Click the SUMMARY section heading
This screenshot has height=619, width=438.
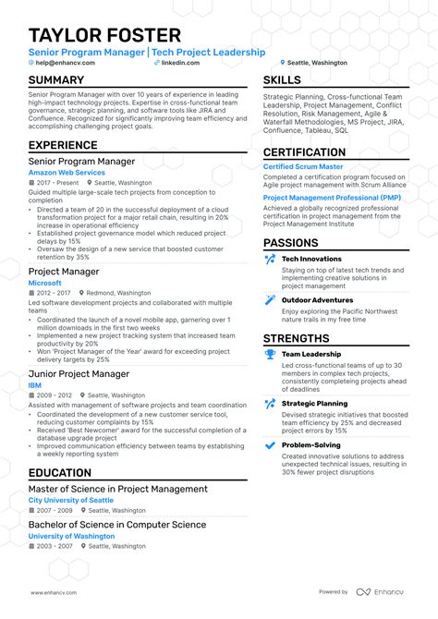pyautogui.click(x=56, y=80)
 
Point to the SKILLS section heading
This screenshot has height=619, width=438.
pyautogui.click(x=282, y=80)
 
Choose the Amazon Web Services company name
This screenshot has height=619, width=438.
pyautogui.click(x=67, y=172)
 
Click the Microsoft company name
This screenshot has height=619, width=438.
pyautogui.click(x=45, y=283)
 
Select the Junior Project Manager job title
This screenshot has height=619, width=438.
pyautogui.click(x=79, y=347)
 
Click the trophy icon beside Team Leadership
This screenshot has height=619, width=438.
pyautogui.click(x=270, y=354)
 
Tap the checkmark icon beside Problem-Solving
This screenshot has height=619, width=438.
pyautogui.click(x=270, y=444)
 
